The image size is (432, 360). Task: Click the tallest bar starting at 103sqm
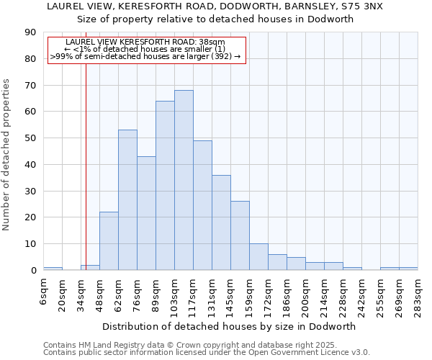[x=184, y=180]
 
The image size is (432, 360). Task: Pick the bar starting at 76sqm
[x=146, y=213]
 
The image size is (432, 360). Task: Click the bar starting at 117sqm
[x=202, y=205]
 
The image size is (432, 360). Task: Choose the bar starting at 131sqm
[x=221, y=222]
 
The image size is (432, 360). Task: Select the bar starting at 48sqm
[x=109, y=241]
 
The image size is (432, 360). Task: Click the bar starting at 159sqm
[x=258, y=257]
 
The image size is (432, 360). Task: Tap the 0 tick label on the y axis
[x=33, y=271]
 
